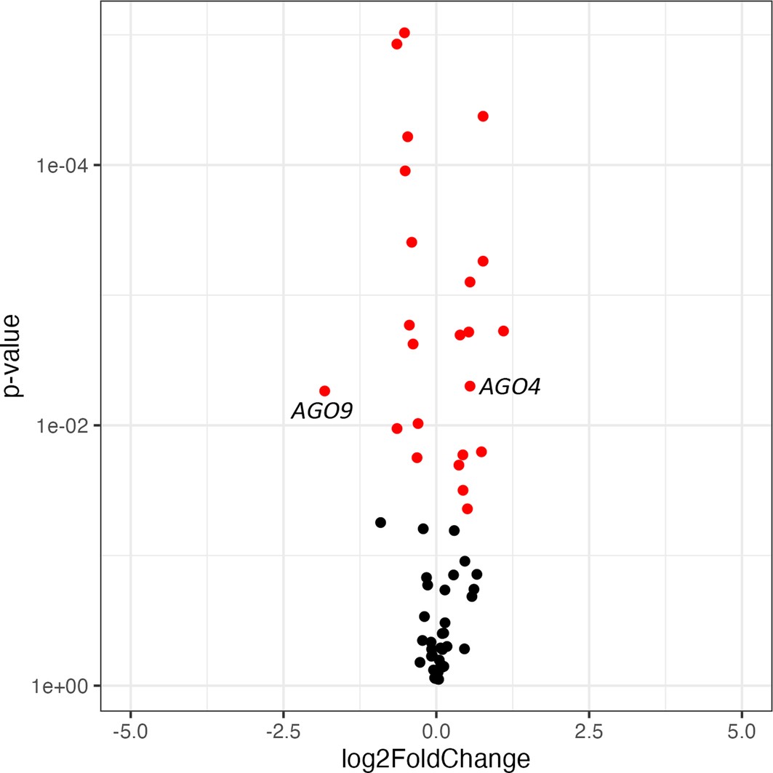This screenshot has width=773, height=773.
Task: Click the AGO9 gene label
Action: click(x=322, y=412)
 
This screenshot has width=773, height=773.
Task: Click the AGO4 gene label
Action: click(x=510, y=387)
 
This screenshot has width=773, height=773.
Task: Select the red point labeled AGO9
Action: click(x=324, y=391)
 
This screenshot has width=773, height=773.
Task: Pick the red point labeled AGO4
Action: click(x=470, y=386)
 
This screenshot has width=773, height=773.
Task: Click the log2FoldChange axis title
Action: click(x=436, y=758)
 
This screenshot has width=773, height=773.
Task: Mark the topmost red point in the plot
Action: click(x=404, y=33)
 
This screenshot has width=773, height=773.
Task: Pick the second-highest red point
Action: click(x=397, y=44)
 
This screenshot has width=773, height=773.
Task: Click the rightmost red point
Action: click(x=503, y=331)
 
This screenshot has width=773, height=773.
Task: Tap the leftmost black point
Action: click(x=380, y=522)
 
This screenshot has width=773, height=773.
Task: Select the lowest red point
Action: click(x=468, y=508)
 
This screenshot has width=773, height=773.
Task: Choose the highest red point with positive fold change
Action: click(x=483, y=116)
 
